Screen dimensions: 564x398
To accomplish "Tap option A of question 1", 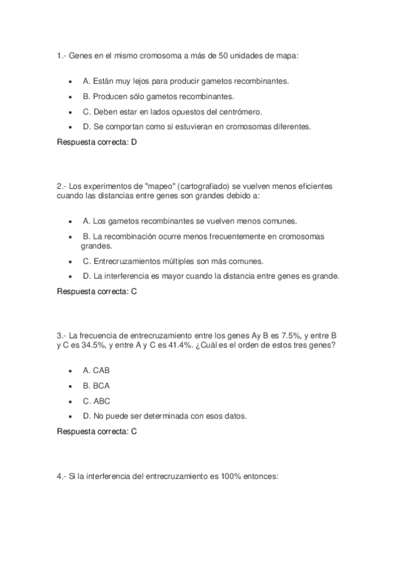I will (186, 80).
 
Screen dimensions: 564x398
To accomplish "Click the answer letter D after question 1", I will (134, 141).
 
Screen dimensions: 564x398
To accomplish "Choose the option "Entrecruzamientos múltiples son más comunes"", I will (173, 261).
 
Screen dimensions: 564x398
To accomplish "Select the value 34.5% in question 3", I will (86, 346).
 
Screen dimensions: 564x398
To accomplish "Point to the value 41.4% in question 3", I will (171, 346).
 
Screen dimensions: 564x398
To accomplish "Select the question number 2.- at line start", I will (61, 186).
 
